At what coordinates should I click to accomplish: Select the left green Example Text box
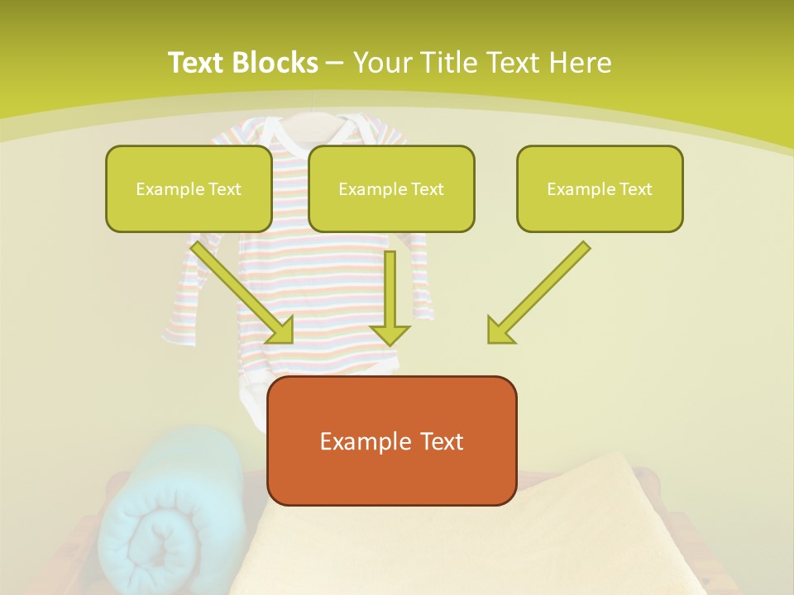click(189, 188)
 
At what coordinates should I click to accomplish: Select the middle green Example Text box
click(391, 188)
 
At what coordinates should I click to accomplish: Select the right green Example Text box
click(600, 188)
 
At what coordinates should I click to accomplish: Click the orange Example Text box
click(392, 440)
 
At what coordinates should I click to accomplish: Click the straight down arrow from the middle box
click(390, 297)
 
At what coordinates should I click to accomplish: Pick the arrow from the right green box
click(538, 293)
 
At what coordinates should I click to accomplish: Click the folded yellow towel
click(463, 537)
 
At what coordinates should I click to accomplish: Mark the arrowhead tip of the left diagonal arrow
click(291, 341)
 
